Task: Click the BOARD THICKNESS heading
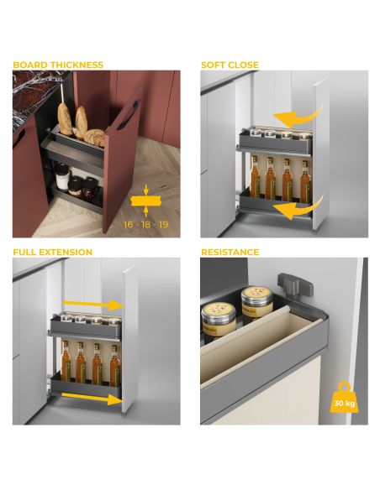58,65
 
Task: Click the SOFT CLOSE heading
230,65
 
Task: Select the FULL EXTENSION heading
52,252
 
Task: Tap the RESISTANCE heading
230,252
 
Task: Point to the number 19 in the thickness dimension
164,225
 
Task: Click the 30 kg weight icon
344,398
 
